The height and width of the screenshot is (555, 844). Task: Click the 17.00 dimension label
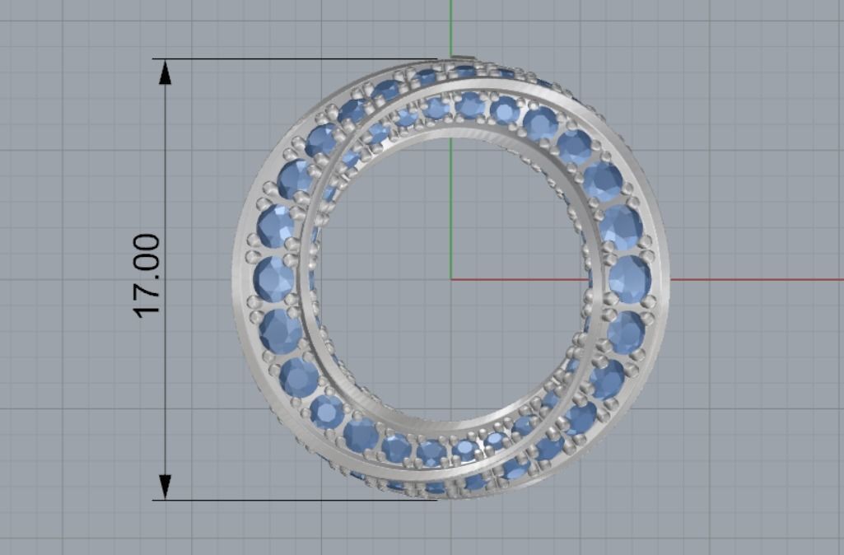click(147, 276)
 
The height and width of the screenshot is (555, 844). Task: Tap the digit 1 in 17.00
click(147, 308)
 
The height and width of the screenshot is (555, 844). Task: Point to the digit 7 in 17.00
click(147, 288)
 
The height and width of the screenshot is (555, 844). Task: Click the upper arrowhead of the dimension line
click(165, 72)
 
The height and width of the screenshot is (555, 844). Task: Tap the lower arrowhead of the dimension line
click(165, 487)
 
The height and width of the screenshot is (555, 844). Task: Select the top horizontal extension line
click(288, 58)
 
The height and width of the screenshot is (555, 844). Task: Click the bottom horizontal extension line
click(288, 500)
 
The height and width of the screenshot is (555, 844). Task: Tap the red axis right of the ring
click(758, 279)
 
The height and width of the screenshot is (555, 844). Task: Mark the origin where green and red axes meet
click(451, 279)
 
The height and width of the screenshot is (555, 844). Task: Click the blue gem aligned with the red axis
click(629, 279)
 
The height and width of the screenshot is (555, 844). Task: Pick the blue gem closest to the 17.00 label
click(273, 279)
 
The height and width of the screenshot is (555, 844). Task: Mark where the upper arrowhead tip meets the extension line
click(165, 59)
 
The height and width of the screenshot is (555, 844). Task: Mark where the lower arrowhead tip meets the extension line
click(165, 499)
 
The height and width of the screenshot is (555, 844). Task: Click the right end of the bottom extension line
click(436, 500)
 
